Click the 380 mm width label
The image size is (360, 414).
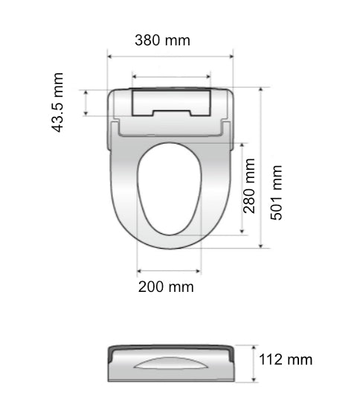(162, 40)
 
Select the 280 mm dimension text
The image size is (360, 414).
(250, 186)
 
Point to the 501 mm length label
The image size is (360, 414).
(277, 191)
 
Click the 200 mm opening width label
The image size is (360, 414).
(166, 287)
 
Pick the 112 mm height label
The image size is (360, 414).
(286, 360)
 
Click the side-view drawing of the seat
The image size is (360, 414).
(172, 363)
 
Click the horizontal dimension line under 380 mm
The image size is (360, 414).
(170, 55)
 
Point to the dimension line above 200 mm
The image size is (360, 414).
(170, 271)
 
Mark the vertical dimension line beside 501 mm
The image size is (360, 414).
(262, 167)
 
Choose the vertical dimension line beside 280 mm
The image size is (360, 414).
(243, 187)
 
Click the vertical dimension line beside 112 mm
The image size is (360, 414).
(254, 363)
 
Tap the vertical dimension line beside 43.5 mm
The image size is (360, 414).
(87, 102)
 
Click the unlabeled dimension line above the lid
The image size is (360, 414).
(170, 76)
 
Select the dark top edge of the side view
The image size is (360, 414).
(172, 347)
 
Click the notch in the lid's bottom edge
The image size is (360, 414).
(170, 114)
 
